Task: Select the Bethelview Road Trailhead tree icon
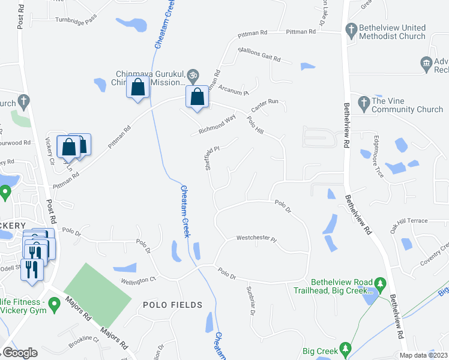coord(379,283)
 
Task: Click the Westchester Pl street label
coord(256,239)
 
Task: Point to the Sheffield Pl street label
coord(209,158)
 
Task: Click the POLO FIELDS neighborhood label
coord(173,305)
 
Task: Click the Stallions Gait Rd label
coord(259,55)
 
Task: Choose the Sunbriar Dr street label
coord(251,300)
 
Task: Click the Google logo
coord(20,353)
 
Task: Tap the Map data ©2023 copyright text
coord(423,355)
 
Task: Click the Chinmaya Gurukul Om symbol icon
coord(192,75)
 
